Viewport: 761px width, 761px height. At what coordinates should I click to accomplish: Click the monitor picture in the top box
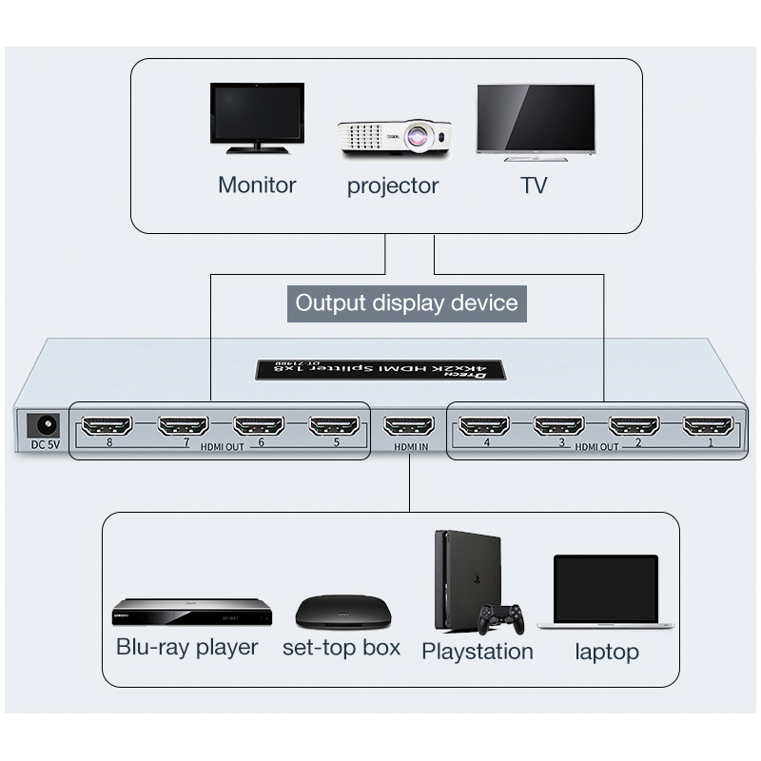(257, 117)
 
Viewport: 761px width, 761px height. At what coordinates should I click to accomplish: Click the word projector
(393, 185)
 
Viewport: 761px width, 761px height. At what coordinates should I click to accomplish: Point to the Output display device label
(406, 303)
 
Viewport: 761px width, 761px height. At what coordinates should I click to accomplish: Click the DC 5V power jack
(42, 424)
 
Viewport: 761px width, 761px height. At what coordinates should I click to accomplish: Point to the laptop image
(605, 592)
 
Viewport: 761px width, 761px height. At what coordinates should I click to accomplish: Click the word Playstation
(477, 652)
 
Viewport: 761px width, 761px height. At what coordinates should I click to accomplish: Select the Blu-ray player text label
(186, 648)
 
